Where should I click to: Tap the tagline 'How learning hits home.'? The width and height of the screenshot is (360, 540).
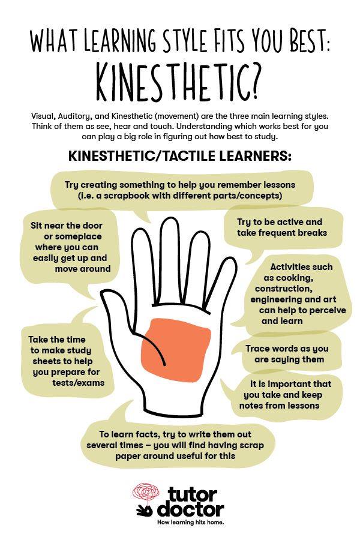click(191, 523)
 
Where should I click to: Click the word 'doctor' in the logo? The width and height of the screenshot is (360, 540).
click(191, 509)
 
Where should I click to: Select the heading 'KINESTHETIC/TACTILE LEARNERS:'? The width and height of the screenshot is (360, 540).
click(180, 156)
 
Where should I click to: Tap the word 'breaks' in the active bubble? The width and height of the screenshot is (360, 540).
click(312, 233)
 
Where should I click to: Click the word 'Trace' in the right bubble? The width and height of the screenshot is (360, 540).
click(257, 349)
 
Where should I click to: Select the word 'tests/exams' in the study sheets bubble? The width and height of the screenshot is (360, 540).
click(78, 383)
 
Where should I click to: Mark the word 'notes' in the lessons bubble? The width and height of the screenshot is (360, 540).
click(251, 406)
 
